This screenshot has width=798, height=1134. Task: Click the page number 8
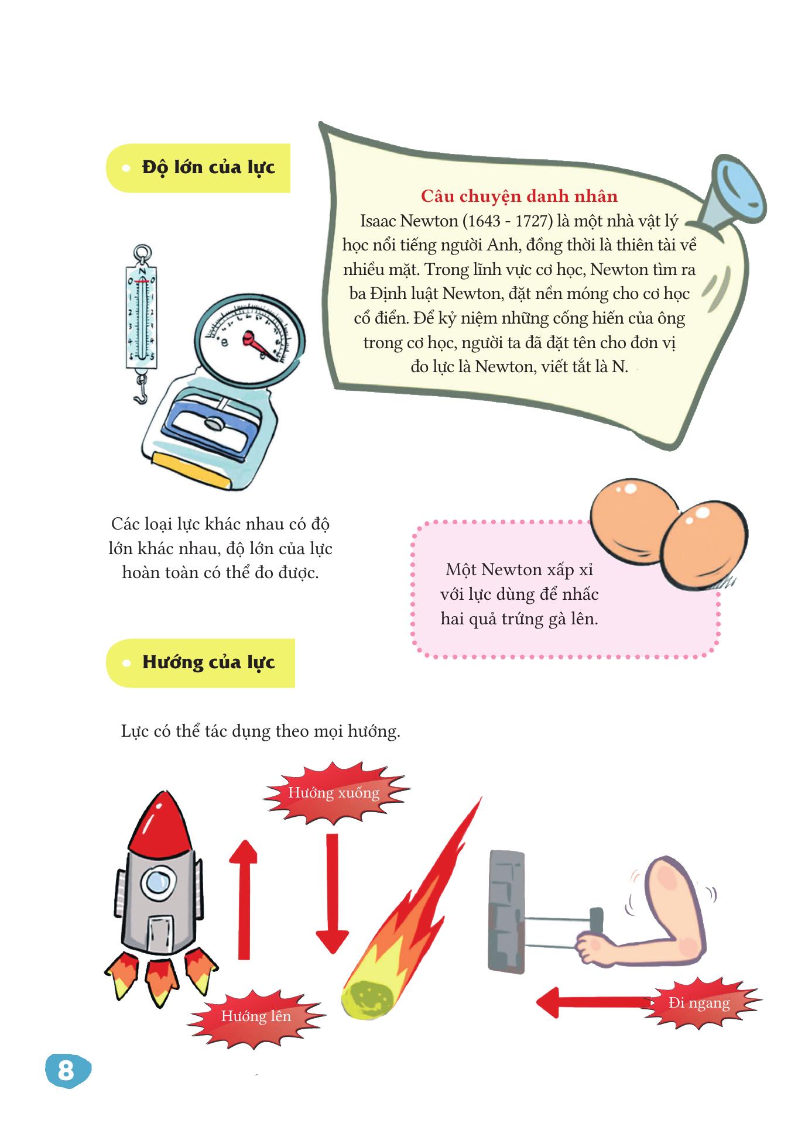pyautogui.click(x=65, y=1071)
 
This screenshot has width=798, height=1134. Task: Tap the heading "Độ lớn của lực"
pyautogui.click(x=208, y=167)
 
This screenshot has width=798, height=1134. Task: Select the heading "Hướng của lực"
pyautogui.click(x=208, y=662)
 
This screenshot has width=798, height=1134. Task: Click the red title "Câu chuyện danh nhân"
pyautogui.click(x=519, y=196)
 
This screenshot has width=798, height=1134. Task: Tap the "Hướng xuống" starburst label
pyautogui.click(x=334, y=793)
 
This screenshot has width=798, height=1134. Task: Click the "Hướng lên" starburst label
pyautogui.click(x=256, y=1016)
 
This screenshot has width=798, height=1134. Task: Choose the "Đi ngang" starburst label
pyautogui.click(x=699, y=1003)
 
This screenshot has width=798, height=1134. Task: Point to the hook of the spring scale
pyautogui.click(x=141, y=389)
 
